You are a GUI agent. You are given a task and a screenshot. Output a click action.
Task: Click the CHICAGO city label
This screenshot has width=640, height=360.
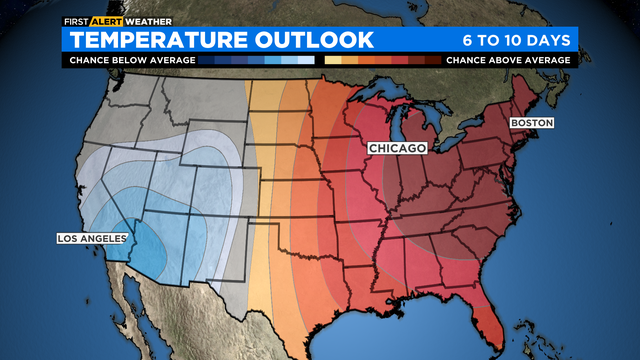coord(397,148)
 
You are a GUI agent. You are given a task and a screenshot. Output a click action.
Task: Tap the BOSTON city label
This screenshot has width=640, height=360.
coord(531,122)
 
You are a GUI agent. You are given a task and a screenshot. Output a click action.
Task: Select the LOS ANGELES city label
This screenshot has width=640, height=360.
coord(91,238)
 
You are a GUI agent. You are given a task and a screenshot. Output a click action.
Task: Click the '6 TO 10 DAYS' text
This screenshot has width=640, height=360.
coord(516,40)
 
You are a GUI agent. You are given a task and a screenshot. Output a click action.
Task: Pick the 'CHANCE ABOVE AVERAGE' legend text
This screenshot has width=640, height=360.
coord(508,60)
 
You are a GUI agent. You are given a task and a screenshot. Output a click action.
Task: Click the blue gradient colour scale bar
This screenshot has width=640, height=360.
coord(258,60)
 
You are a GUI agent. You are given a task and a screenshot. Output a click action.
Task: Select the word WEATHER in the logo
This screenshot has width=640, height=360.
coord(148,20)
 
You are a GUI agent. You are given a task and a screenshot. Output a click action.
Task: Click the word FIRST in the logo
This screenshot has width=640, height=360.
coord(76,20)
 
